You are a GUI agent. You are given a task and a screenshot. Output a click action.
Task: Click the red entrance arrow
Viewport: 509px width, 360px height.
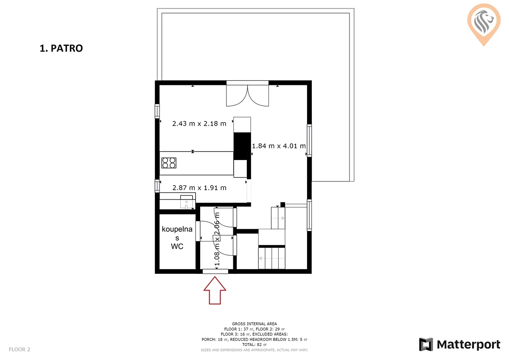coord(215,290)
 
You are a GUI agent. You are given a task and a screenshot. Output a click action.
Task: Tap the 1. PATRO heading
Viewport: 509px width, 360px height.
coord(62,48)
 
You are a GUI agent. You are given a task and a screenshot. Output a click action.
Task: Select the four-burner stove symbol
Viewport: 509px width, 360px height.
coord(169,163)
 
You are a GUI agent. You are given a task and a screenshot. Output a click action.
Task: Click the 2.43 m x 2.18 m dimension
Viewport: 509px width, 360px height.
coord(199,124)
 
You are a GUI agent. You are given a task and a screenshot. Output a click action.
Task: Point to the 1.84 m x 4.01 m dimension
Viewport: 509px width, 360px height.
coord(279,146)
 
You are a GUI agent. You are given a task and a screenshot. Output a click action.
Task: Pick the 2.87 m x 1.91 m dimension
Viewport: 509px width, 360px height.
coord(199,188)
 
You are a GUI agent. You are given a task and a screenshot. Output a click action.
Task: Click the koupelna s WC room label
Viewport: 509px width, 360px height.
coord(177,238)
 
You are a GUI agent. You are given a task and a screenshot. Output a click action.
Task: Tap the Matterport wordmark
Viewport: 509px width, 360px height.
coord(468,345)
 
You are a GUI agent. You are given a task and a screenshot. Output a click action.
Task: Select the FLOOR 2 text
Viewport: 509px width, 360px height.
coord(20,349)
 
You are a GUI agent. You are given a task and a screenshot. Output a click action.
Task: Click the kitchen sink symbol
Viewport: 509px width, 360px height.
coord(186,202)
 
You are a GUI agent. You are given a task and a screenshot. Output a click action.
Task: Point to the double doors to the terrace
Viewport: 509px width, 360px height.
coord(247,96)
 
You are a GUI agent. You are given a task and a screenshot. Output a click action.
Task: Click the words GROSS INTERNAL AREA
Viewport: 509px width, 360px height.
coord(254,323)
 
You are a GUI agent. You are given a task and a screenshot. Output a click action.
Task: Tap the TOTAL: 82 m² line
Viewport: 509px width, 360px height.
coord(254,345)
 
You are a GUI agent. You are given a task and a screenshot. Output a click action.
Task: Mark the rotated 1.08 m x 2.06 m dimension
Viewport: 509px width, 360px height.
coord(217,239)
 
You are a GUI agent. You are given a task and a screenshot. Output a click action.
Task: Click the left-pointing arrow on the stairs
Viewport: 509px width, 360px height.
coord(272,259)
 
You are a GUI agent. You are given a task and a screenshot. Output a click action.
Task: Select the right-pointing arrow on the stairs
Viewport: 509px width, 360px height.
coord(278,218)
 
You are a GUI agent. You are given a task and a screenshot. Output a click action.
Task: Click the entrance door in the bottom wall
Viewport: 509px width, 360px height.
coord(215,271)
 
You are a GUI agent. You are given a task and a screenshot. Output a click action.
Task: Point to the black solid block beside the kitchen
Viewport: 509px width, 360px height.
coord(242,146)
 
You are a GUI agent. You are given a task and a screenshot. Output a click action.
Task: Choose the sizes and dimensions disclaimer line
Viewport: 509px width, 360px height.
coord(254,350)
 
